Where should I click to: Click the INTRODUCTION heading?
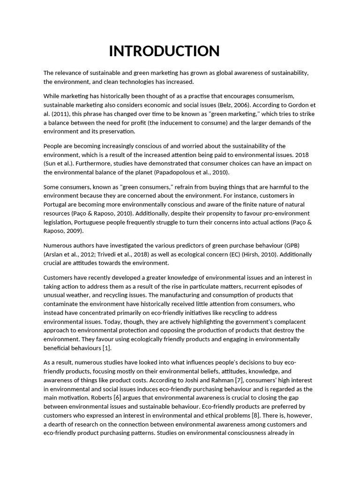pyautogui.click(x=164, y=51)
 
